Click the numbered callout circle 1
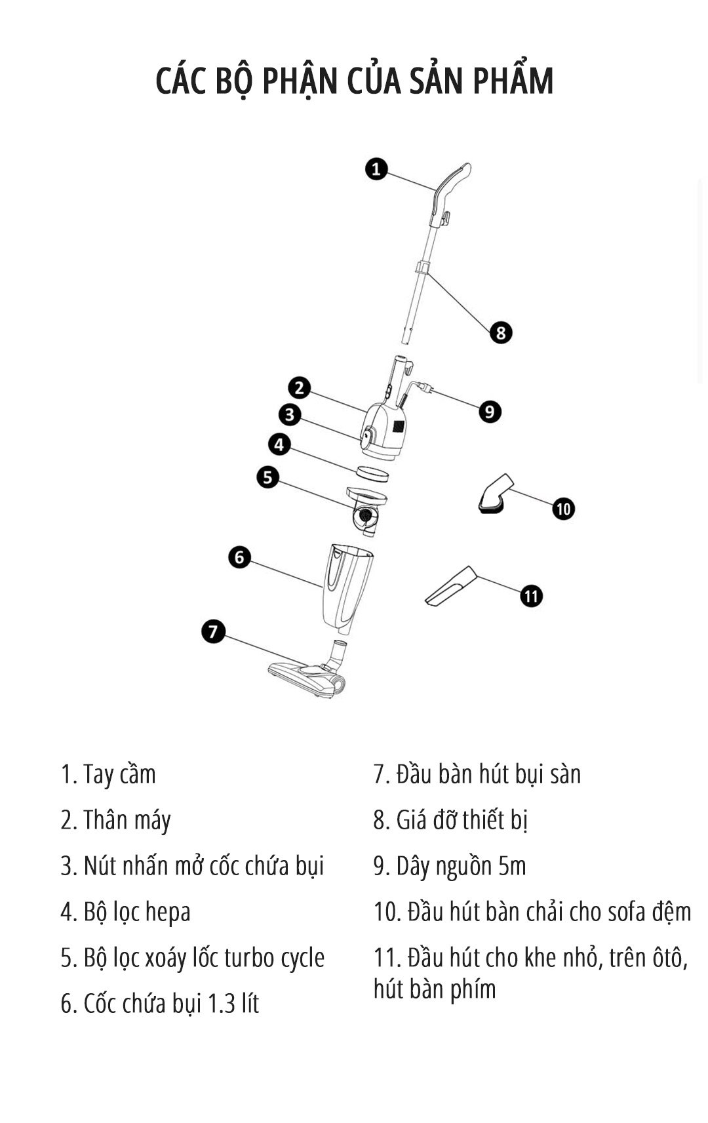click(376, 169)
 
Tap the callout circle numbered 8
click(501, 332)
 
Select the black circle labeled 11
click(532, 596)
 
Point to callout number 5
click(267, 477)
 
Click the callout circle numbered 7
click(213, 632)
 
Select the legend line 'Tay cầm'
click(109, 774)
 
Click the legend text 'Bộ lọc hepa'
click(126, 912)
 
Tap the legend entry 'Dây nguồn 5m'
click(450, 866)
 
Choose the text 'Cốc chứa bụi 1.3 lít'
click(160, 1004)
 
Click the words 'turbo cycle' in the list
click(274, 958)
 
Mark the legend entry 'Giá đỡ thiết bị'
click(451, 820)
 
